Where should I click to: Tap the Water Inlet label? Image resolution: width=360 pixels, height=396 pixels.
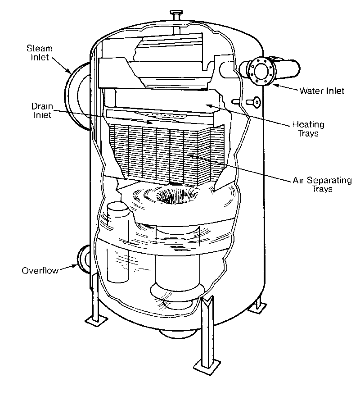pos(321,91)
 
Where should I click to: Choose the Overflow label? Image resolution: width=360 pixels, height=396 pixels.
pos(39,271)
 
